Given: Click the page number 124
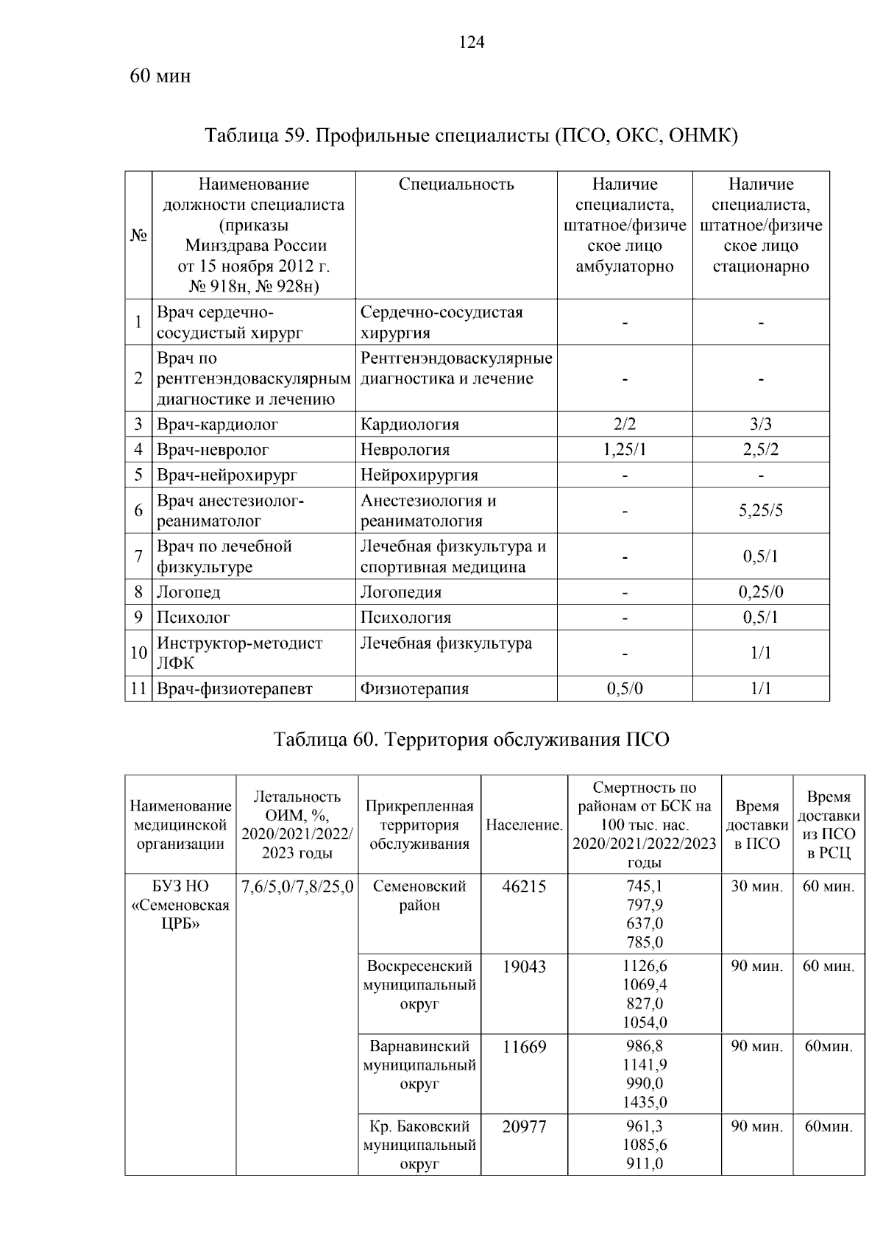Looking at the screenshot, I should [x=472, y=43].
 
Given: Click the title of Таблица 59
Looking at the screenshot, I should [x=471, y=135].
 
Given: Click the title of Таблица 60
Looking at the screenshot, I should [x=471, y=739].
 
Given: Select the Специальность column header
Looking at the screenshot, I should [x=456, y=185].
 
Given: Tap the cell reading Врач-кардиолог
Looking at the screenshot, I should [x=217, y=424].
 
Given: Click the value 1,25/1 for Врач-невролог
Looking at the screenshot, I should [x=624, y=449].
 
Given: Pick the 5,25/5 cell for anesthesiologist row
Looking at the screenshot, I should [x=760, y=510].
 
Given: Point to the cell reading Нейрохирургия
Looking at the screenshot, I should [x=419, y=475].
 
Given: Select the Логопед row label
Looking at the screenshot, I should [x=188, y=592].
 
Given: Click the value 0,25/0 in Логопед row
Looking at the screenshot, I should [x=760, y=592].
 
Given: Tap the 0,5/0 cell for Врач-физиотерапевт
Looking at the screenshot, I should [x=624, y=688].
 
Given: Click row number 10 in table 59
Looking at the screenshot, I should [x=138, y=652].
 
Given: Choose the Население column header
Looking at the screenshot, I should [x=524, y=825].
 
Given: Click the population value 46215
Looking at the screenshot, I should [x=524, y=886].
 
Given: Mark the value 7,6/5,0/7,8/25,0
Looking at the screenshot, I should [x=297, y=886].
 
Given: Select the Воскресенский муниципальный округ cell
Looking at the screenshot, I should [x=419, y=985].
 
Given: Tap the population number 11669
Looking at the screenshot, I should [x=524, y=1046].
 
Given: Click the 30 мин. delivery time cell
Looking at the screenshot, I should [x=756, y=886].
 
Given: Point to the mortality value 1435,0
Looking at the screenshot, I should [x=645, y=1102].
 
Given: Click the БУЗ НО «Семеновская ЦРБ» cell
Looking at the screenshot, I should [x=180, y=905].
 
